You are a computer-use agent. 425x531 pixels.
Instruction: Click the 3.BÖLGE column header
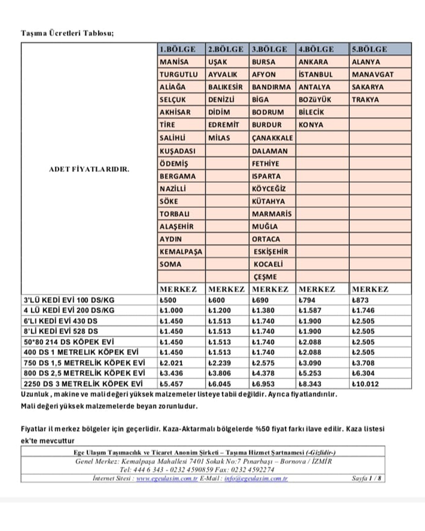270,49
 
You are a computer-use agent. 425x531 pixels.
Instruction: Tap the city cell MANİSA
174,62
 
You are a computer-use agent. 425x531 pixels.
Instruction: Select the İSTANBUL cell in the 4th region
315,74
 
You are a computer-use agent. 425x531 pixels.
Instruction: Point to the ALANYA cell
366,62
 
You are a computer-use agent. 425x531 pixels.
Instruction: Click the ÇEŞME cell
265,277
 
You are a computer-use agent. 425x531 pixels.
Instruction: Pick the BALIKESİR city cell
225,87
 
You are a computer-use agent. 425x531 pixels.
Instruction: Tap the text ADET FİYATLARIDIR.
89,170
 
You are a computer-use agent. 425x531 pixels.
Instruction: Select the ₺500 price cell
168,300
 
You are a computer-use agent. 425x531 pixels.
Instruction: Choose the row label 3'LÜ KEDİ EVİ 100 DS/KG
69,300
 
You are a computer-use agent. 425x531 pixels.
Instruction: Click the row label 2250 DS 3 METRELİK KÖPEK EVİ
83,384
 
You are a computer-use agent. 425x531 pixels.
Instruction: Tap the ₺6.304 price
363,373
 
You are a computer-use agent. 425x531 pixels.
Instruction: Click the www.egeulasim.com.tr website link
167,479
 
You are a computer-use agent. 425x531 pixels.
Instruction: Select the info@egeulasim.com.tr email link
256,479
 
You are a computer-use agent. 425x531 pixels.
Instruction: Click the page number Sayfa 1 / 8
366,478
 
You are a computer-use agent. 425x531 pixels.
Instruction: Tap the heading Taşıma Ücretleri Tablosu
67,33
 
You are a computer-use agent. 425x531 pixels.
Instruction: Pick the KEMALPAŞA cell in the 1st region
181,252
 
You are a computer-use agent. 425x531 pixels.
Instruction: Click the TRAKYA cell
365,100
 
